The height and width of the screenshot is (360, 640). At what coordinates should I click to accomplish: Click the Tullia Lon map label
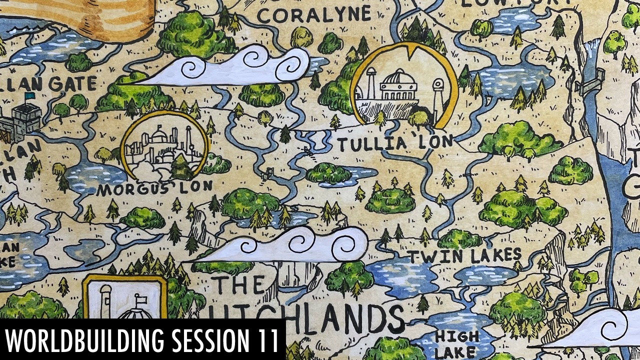394,143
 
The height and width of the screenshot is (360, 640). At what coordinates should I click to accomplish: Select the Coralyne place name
313,15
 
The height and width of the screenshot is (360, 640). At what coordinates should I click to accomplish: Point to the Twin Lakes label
464,256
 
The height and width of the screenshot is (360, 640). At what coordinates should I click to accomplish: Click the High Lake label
456,344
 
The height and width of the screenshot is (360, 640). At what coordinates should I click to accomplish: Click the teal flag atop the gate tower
30,95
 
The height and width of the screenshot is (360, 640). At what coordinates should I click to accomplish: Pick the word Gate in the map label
72,84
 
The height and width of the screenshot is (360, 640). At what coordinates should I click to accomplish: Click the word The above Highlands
240,285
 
